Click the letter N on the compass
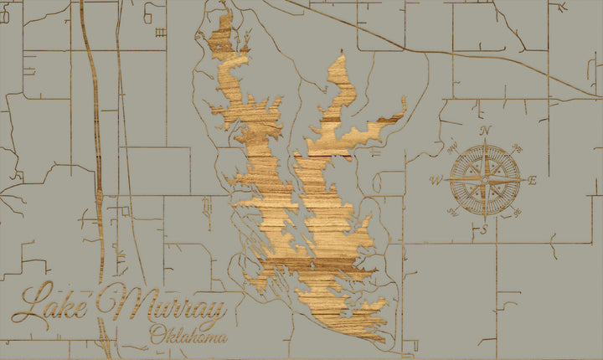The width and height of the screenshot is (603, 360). click(485, 130)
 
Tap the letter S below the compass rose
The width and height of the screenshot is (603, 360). click(483, 229)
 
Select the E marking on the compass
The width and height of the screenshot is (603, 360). click(533, 179)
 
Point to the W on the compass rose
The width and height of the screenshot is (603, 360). click(435, 180)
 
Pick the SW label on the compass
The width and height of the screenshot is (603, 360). click(452, 213)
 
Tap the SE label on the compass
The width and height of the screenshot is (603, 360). click(518, 213)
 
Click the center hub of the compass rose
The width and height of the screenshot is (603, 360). click(485, 179)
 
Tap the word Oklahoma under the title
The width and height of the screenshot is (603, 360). click(188, 337)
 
